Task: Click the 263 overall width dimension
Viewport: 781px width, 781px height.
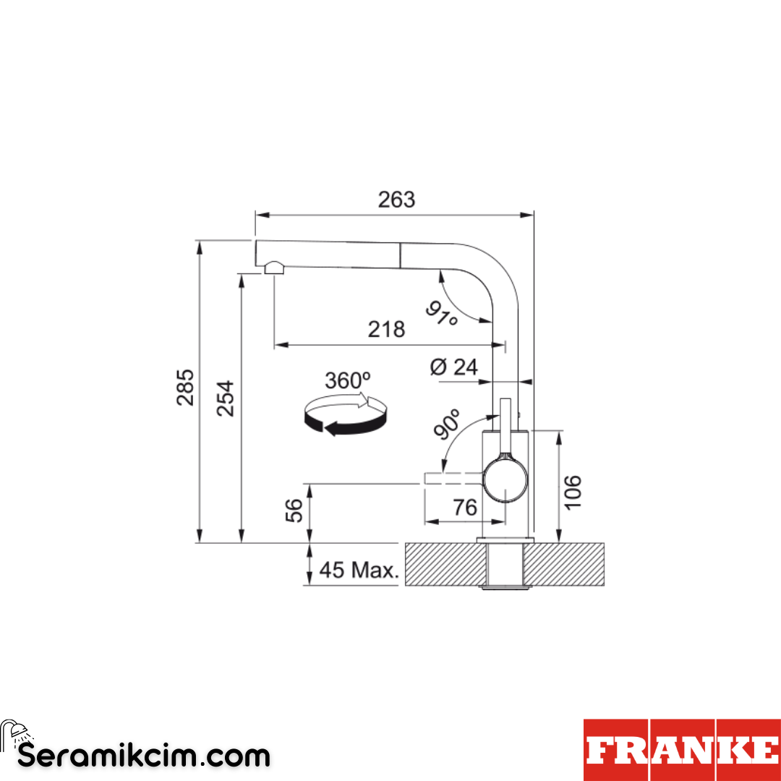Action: pos(396,200)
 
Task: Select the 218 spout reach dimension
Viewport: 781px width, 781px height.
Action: pos(386,330)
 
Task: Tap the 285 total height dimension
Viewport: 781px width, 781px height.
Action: pos(186,387)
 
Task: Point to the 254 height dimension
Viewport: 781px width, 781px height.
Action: pos(226,398)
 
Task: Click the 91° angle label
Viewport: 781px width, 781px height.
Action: pos(441,314)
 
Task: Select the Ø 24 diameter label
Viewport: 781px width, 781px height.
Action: pos(454,367)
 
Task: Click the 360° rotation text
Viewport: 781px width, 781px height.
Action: pos(347,380)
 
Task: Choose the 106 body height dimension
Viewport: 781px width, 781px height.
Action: pos(572,492)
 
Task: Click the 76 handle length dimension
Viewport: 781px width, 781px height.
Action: pos(465,508)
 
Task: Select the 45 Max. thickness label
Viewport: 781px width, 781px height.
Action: pos(359,571)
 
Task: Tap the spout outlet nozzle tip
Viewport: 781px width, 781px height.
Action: pos(275,268)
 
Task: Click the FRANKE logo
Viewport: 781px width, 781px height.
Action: pos(681,749)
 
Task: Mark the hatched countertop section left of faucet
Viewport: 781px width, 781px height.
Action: pos(441,564)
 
